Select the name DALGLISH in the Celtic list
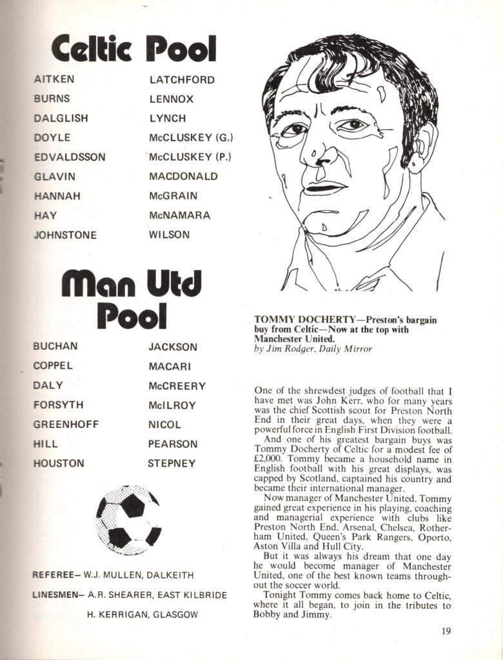(61, 119)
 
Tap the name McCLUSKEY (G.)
(191, 138)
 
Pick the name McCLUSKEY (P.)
(190, 157)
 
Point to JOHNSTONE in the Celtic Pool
(65, 235)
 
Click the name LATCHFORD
(182, 80)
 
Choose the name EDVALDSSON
(70, 157)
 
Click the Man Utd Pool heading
(132, 300)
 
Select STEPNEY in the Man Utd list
(172, 463)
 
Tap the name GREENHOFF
(64, 425)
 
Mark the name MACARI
(169, 366)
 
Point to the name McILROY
(172, 405)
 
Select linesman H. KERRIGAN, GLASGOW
(142, 615)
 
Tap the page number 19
(447, 631)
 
